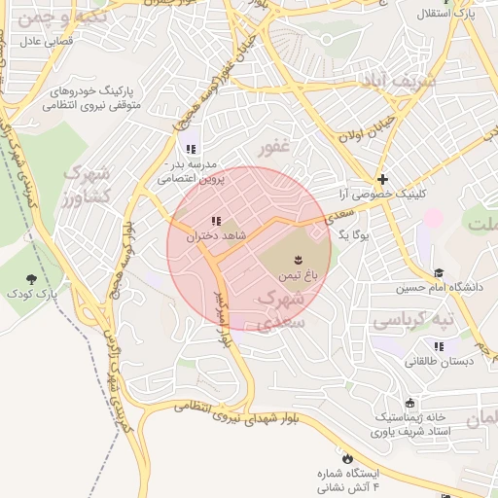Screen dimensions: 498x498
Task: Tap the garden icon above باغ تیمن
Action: [298, 259]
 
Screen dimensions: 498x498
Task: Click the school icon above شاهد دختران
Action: [216, 221]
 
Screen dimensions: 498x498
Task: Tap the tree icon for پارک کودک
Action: [38, 277]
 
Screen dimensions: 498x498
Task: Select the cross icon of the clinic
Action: [383, 179]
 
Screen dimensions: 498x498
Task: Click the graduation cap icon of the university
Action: [439, 273]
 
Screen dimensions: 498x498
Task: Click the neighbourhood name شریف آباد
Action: [401, 81]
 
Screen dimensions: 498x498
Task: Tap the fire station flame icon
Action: [346, 456]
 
